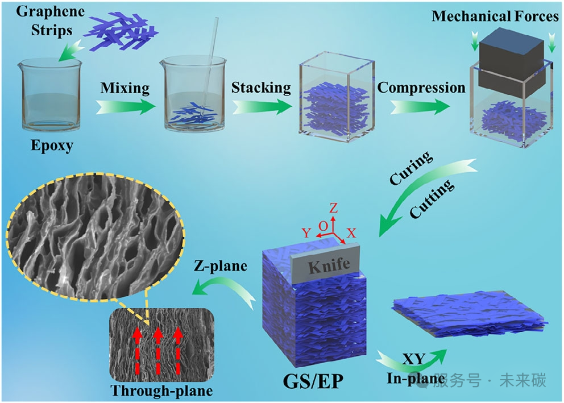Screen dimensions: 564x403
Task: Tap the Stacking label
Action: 261,88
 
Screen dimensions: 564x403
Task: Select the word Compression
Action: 421,88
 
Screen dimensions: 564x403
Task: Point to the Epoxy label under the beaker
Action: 52,146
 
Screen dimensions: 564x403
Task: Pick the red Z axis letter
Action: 333,208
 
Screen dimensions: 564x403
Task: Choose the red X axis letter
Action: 351,233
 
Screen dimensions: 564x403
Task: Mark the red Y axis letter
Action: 306,233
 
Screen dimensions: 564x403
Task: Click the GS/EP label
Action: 313,381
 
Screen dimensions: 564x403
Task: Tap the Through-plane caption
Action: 161,390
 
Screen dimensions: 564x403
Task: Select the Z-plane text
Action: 221,266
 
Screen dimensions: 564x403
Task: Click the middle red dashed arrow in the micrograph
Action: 157,351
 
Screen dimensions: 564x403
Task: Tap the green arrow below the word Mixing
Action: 126,106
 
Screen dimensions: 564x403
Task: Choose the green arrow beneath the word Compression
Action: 420,107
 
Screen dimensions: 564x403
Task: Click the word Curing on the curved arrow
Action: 410,168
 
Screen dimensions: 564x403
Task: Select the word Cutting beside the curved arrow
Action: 432,198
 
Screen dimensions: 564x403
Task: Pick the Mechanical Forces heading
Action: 495,16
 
